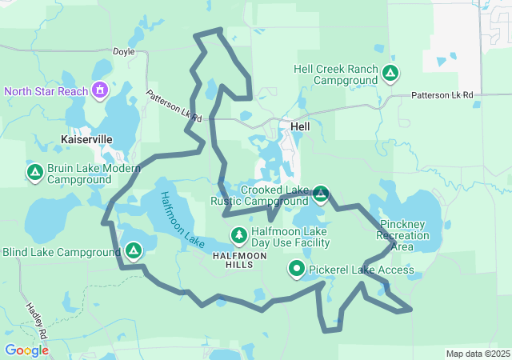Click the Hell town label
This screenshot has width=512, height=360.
300,126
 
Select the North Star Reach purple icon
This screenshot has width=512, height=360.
100,90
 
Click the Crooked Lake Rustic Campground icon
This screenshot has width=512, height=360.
321,194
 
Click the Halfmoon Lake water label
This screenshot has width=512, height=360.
177,218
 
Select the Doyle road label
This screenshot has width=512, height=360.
124,51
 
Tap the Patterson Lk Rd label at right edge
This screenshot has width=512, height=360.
442,94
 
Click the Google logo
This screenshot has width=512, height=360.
26,350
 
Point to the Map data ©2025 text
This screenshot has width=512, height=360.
477,354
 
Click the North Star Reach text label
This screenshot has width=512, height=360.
46,91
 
